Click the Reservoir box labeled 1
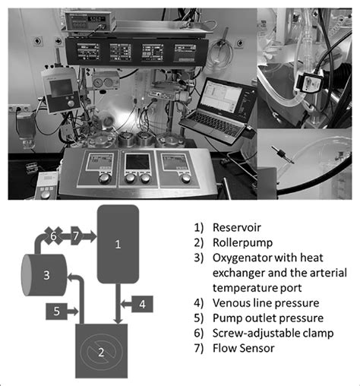coord(118,243)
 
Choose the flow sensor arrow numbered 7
coord(77,237)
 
